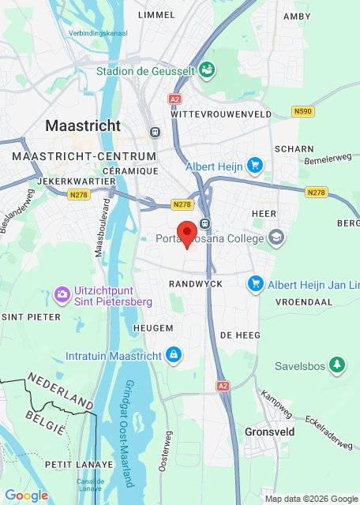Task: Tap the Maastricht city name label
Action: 83,125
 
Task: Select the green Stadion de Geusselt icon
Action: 207,70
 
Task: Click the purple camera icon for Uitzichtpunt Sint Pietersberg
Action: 62,294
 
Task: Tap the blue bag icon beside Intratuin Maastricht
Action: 172,355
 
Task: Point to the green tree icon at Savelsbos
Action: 338,365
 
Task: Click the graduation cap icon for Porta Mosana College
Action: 276,236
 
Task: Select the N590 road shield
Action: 302,112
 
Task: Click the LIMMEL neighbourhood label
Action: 156,15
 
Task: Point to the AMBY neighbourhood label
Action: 297,15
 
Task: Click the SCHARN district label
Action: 294,148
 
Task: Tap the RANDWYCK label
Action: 196,283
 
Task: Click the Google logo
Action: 27,496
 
